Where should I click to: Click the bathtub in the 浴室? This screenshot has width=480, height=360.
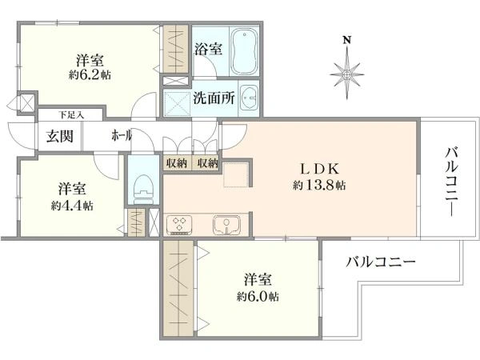click(x=244, y=51)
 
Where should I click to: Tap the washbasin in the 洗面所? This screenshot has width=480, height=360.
click(x=249, y=98)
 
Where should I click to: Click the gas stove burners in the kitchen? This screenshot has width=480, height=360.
click(x=179, y=225)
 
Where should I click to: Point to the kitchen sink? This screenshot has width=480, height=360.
click(x=226, y=224)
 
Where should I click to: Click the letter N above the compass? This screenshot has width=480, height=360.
click(x=346, y=40)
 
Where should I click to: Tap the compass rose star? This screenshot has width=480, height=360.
click(x=347, y=74)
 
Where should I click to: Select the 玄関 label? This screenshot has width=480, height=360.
click(x=60, y=136)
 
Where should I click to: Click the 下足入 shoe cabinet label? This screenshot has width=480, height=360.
click(x=71, y=115)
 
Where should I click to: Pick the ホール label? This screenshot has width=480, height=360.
click(x=122, y=135)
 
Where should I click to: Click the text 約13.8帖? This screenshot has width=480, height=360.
click(x=319, y=186)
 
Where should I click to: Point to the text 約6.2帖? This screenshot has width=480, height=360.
click(x=90, y=75)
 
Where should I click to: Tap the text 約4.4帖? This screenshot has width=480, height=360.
click(x=72, y=206)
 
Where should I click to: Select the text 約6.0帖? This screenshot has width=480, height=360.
click(x=258, y=296)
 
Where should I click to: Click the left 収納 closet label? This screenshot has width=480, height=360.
click(x=177, y=163)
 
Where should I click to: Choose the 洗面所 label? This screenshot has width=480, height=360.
click(x=214, y=98)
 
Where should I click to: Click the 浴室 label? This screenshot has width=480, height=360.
click(x=209, y=49)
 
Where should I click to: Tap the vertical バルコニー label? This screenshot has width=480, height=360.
click(x=452, y=182)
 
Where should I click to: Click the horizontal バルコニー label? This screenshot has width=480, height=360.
click(x=381, y=262)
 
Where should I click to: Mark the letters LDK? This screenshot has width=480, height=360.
click(x=320, y=169)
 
